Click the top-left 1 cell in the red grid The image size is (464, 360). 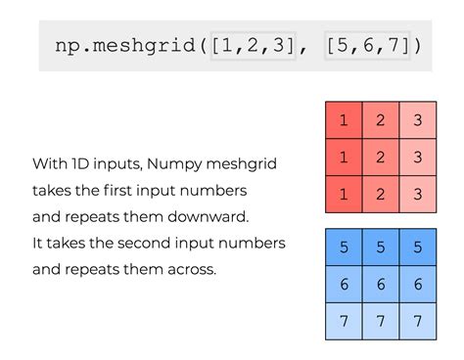click(344, 121)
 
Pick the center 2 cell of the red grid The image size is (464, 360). click(380, 157)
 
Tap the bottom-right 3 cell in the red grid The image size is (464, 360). click(416, 193)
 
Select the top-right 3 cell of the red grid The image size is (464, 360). click(416, 121)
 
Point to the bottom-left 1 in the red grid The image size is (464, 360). click(344, 193)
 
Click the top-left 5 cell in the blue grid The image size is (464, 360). click(344, 248)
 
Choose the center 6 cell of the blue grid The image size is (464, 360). click(380, 284)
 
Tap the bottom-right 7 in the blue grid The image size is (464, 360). click(416, 320)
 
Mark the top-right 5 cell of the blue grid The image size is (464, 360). click(416, 248)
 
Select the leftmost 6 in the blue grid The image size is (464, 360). click(344, 284)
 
